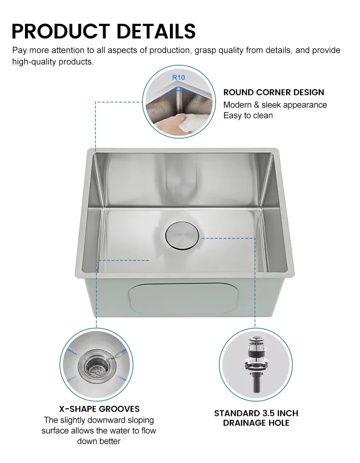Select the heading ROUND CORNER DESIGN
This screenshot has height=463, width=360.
[x=274, y=92]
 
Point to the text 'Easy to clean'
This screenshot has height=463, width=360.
[x=248, y=116]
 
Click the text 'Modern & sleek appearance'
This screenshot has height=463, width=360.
[x=275, y=105]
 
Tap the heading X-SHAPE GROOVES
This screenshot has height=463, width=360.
[x=99, y=409]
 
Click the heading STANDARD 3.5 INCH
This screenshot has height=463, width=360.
[x=256, y=413]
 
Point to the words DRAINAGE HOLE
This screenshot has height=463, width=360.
[x=256, y=423]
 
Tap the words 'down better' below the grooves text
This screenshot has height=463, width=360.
[x=99, y=441]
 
